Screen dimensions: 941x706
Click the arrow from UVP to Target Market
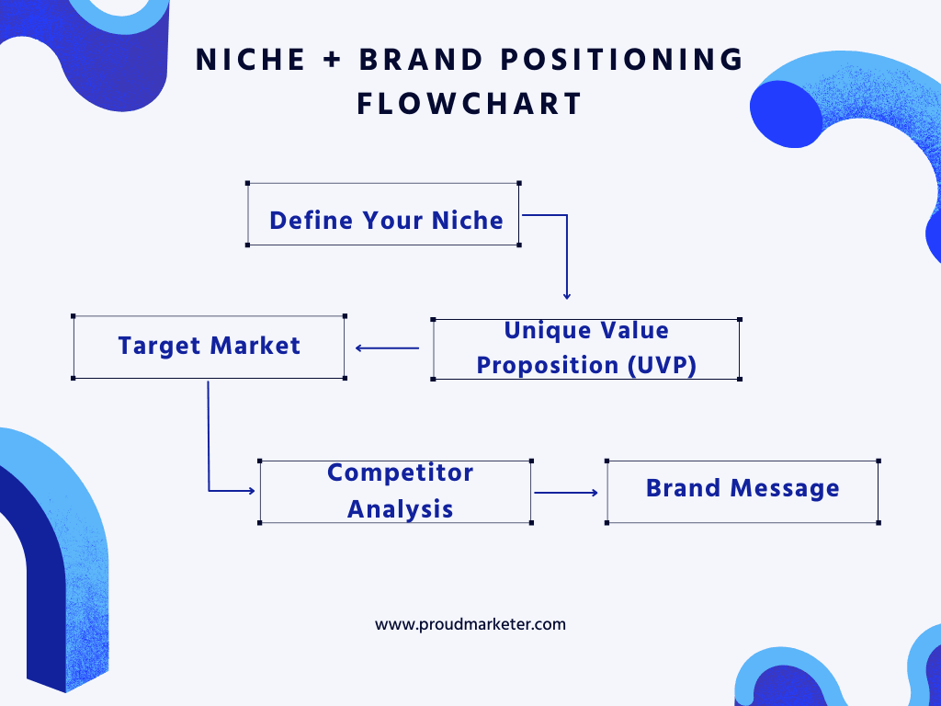(x=387, y=348)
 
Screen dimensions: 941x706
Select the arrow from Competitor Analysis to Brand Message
(x=566, y=493)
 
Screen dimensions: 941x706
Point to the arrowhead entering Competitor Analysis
(x=252, y=491)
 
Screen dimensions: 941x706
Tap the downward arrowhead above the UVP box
(x=566, y=295)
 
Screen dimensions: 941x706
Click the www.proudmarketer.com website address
(x=470, y=624)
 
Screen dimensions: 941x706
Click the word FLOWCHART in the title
(x=470, y=104)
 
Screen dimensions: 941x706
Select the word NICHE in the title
(x=251, y=60)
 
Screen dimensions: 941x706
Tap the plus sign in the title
(x=332, y=60)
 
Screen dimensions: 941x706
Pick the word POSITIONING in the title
(x=622, y=60)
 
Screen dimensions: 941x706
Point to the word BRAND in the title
(x=421, y=60)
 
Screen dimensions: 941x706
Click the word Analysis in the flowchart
(x=401, y=509)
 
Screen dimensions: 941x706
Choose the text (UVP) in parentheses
(x=662, y=366)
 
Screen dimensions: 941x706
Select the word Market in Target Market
(x=255, y=346)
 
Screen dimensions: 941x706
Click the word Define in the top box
(x=312, y=221)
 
